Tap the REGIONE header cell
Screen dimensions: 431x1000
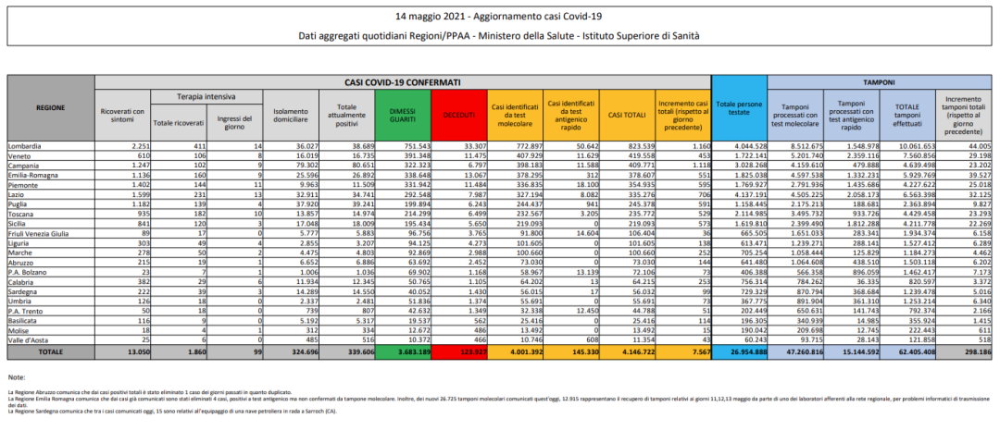pyautogui.click(x=50, y=107)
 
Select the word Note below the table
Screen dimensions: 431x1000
pyautogui.click(x=16, y=377)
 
